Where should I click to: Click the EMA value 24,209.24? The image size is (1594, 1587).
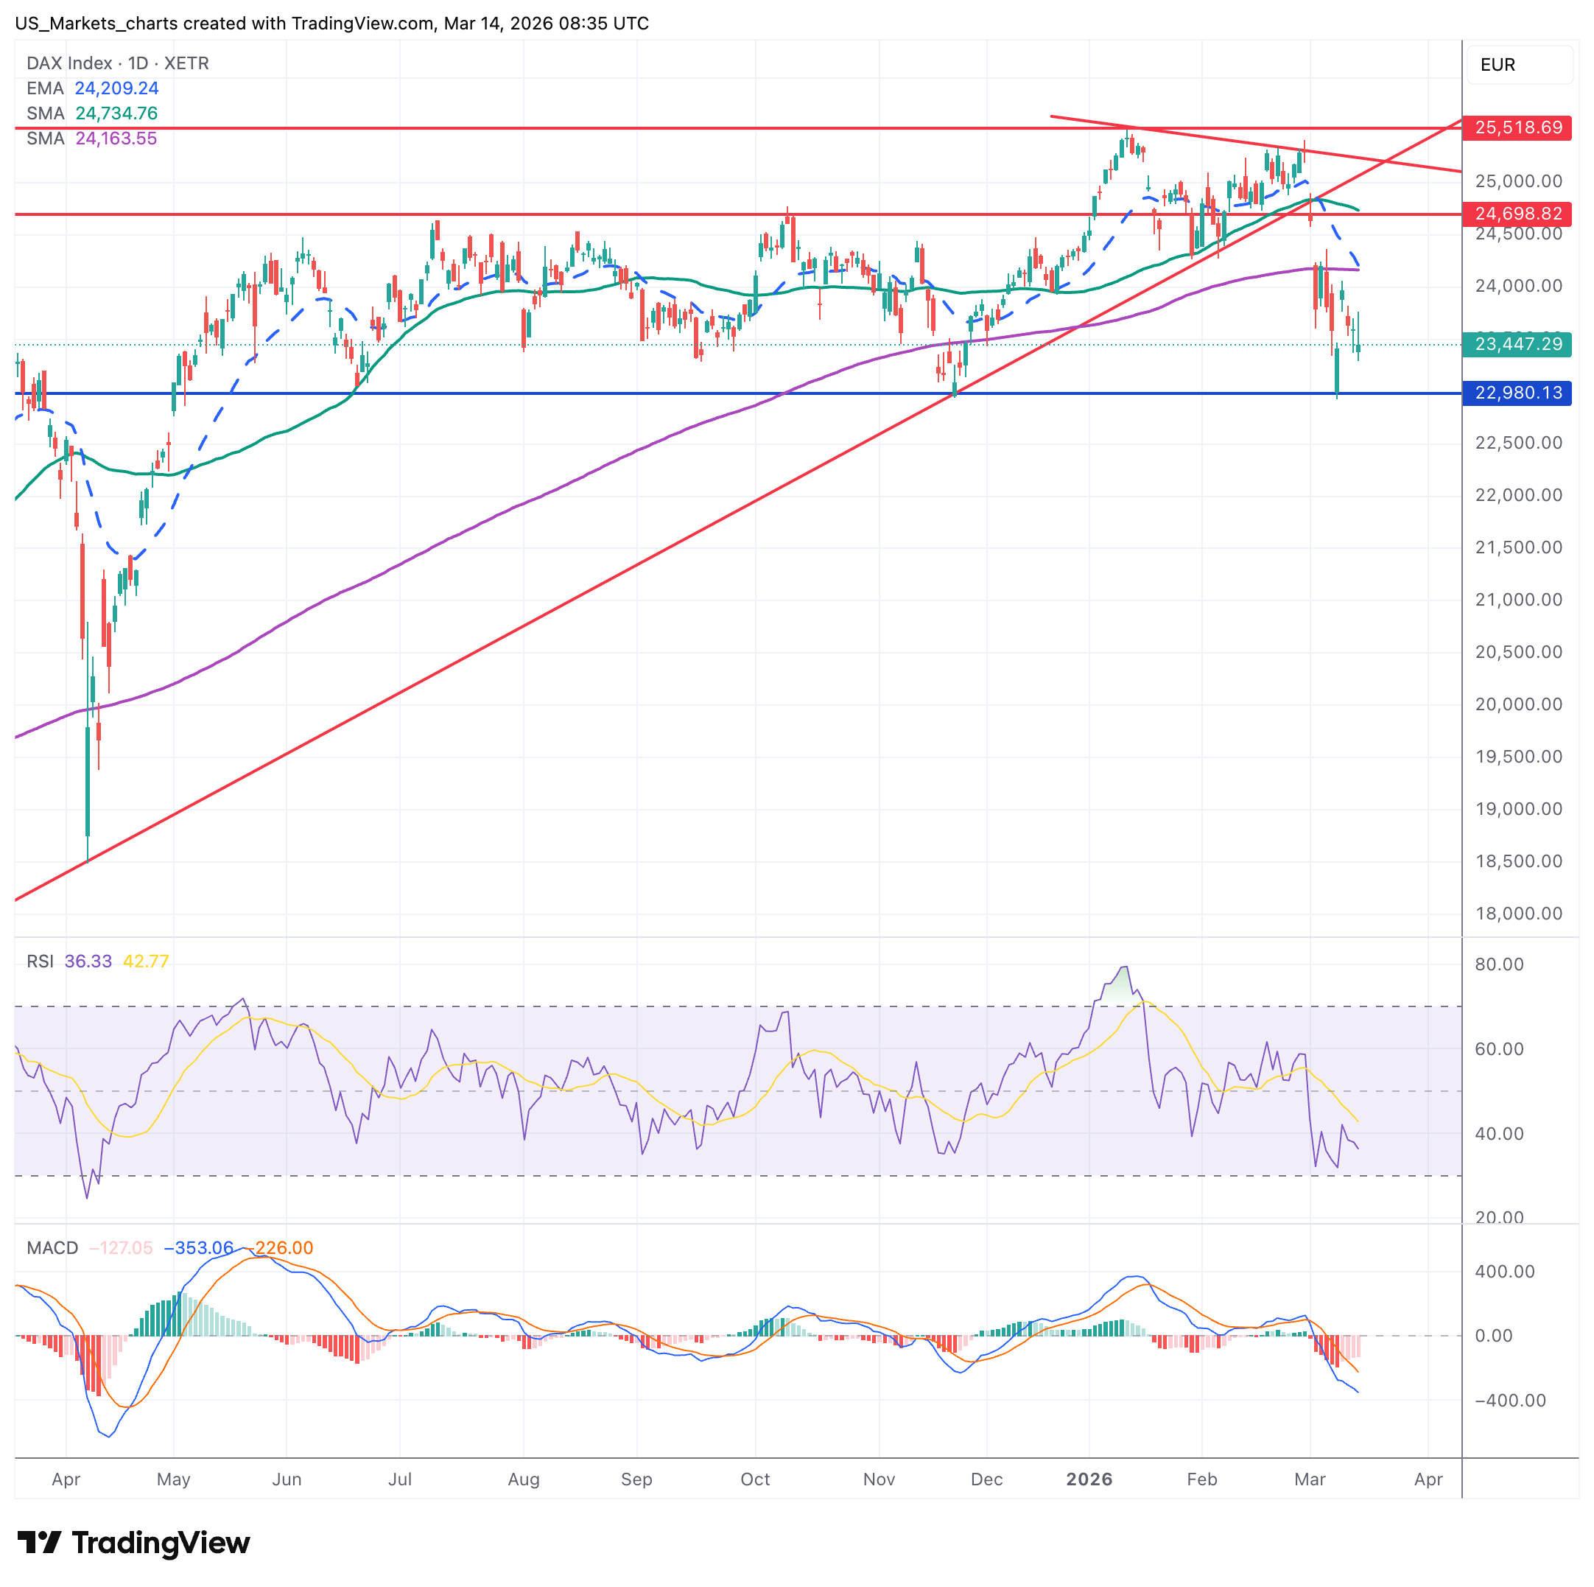point(116,88)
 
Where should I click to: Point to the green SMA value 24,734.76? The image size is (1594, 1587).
point(116,113)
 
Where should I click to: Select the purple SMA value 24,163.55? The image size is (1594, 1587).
point(116,139)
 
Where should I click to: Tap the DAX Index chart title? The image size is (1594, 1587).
point(117,63)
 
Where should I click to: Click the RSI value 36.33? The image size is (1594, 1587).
point(88,961)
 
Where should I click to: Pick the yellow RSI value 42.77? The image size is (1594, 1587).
point(146,961)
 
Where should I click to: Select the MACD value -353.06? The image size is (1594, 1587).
point(199,1248)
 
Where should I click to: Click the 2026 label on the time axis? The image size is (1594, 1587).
point(1089,1479)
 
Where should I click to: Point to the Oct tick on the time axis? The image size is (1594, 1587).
point(755,1479)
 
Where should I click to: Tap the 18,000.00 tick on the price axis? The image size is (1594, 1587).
point(1518,914)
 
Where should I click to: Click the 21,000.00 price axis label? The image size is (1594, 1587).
point(1518,600)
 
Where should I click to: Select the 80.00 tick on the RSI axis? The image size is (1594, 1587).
point(1499,964)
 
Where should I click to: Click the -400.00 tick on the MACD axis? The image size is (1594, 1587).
point(1510,1401)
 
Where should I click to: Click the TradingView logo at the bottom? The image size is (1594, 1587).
point(133,1544)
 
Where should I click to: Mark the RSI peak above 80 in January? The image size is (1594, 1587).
point(1125,967)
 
